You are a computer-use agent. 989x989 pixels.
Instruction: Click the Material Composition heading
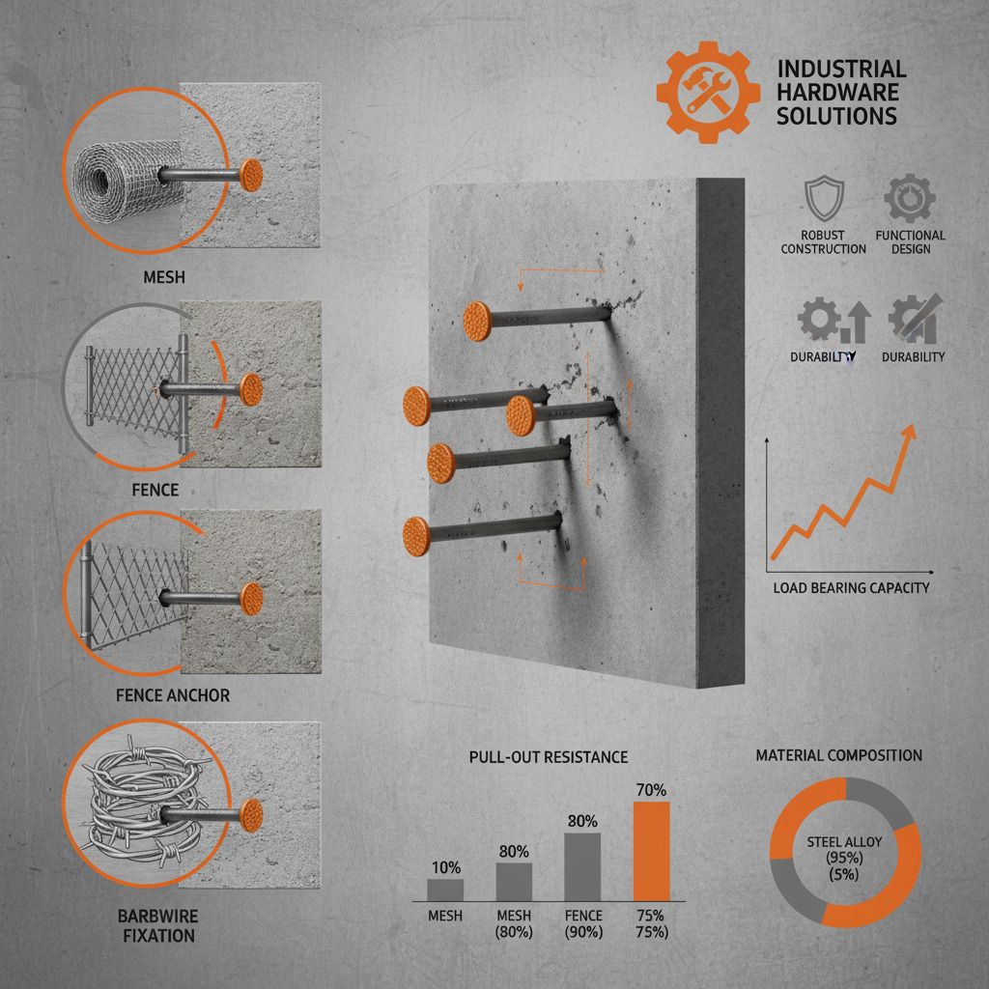click(839, 755)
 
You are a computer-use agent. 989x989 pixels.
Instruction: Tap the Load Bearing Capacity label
click(851, 587)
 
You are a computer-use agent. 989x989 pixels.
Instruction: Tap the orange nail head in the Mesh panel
click(251, 175)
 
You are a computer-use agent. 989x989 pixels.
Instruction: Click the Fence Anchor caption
click(172, 695)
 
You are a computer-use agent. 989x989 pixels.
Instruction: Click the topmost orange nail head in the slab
click(479, 319)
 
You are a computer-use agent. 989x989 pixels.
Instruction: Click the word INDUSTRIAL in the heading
click(841, 70)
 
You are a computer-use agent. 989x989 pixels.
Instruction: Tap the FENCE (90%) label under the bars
click(582, 924)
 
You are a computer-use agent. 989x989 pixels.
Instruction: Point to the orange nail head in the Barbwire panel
click(251, 812)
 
